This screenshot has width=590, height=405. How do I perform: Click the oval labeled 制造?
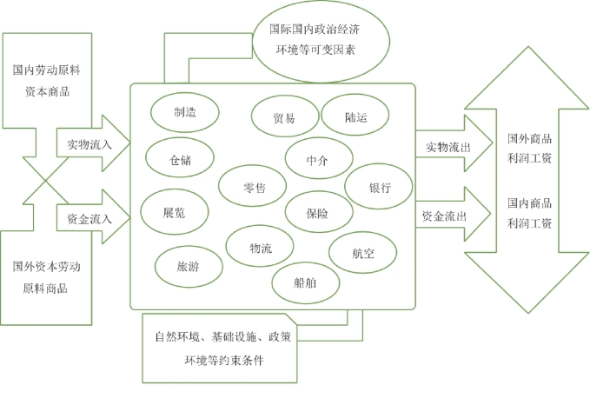(184, 113)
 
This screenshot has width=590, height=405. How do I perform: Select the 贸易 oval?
(283, 118)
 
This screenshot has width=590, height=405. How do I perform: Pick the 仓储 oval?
(181, 159)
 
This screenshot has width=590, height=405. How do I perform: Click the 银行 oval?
(380, 188)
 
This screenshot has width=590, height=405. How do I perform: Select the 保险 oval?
(318, 212)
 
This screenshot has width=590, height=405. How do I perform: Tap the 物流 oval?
(261, 248)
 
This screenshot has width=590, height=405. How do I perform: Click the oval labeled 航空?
(363, 253)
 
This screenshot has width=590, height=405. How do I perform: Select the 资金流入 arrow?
(90, 217)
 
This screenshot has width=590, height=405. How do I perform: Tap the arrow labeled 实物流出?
(449, 147)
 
